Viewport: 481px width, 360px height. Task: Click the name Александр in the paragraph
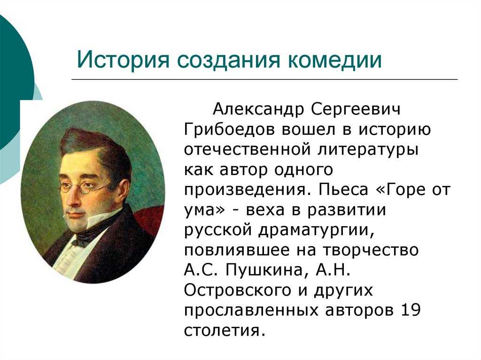(258, 109)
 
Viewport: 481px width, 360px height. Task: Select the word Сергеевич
(356, 109)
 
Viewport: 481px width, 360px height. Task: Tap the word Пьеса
(343, 190)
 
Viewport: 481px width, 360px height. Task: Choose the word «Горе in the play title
(401, 190)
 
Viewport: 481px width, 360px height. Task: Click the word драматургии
(317, 230)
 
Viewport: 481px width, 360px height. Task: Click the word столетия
(224, 331)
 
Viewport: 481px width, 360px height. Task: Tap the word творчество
(371, 250)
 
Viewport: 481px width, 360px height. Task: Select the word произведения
(245, 191)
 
